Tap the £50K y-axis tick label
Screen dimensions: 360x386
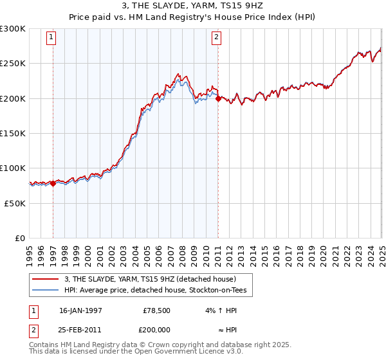coord(15,203)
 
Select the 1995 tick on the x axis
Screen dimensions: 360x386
coord(29,250)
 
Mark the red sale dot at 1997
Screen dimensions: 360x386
coord(53,183)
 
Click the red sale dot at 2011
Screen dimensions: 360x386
coord(218,98)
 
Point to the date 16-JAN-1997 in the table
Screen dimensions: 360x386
coord(80,309)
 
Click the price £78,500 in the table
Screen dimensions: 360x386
coord(157,309)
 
